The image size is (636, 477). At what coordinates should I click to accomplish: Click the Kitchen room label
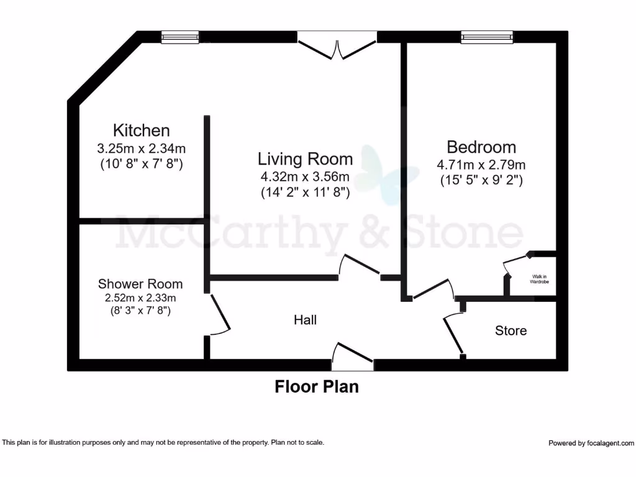[x=141, y=130]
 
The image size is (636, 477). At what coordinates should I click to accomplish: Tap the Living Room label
[x=305, y=159]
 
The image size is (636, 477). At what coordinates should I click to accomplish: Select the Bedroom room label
[x=481, y=147]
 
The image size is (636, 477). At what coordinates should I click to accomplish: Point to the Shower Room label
[x=140, y=284]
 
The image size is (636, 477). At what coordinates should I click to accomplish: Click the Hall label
[x=305, y=320]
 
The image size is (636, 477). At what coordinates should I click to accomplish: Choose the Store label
[x=511, y=330]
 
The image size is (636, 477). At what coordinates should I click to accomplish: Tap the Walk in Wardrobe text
[x=538, y=279]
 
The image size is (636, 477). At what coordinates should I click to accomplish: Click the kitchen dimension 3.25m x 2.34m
[x=142, y=149]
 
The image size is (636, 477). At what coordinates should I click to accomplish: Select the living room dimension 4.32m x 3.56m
[x=305, y=176]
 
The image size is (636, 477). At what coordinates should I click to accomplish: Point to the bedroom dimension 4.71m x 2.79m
[x=481, y=165]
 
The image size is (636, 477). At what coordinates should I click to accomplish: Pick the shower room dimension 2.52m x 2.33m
[x=140, y=298]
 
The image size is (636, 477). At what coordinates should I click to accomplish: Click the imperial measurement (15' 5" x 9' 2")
[x=481, y=181]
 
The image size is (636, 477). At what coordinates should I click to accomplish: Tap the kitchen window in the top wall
[x=179, y=37]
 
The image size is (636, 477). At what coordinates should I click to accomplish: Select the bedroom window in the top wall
[x=487, y=37]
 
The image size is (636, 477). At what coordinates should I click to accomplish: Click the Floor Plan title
[x=317, y=387]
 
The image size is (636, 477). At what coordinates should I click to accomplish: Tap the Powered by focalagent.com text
[x=591, y=443]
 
